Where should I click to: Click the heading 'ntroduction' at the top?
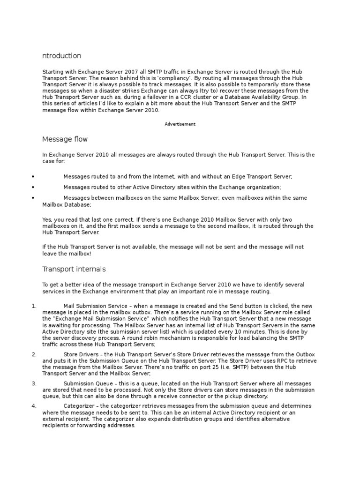61,56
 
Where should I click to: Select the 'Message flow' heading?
65,139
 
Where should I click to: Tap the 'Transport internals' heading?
74,269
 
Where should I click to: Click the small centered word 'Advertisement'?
180,124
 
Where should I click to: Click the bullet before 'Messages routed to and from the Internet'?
33,177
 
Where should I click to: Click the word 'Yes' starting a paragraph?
47,219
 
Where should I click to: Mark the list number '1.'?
34,306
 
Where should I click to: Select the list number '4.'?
34,405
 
